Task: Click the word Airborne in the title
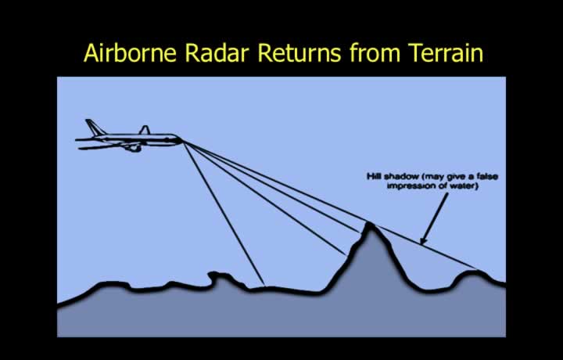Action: click(130, 52)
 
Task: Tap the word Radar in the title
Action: click(217, 52)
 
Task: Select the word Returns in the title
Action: click(299, 52)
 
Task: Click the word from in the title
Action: click(374, 52)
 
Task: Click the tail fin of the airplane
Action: click(94, 128)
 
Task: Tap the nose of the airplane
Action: click(180, 140)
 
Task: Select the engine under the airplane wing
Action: click(132, 147)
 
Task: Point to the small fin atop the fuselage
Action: click(145, 130)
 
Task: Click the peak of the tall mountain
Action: click(369, 225)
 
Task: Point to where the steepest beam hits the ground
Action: click(264, 286)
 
